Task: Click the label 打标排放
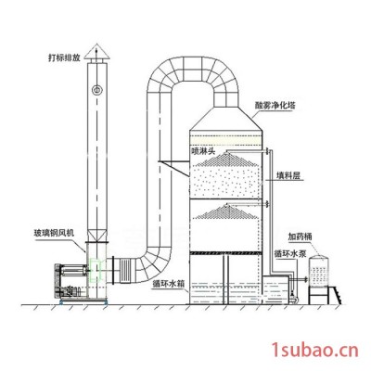(64, 58)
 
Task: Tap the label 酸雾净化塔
(275, 106)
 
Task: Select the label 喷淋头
(203, 150)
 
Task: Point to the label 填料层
(288, 176)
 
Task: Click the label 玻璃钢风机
(54, 233)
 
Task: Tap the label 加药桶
(300, 237)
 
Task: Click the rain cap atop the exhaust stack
(96, 55)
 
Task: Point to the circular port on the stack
(96, 90)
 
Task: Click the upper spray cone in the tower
(225, 159)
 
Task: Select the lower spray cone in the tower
(225, 211)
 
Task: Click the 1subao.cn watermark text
(314, 351)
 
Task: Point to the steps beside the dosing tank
(337, 295)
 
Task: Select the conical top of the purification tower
(226, 119)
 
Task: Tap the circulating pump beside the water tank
(294, 296)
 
